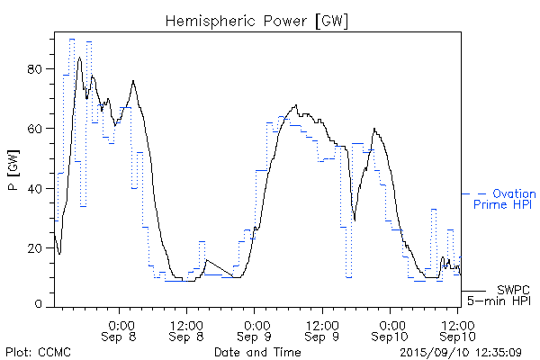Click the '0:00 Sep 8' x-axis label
point(121,329)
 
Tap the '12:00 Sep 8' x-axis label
point(186,329)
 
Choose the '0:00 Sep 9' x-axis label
point(256,329)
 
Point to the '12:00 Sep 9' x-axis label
point(322,329)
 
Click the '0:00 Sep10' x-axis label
point(391,329)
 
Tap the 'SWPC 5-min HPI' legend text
point(504,294)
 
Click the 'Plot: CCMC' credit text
point(38,352)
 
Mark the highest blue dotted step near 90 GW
point(71,40)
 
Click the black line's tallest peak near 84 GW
point(80,58)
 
